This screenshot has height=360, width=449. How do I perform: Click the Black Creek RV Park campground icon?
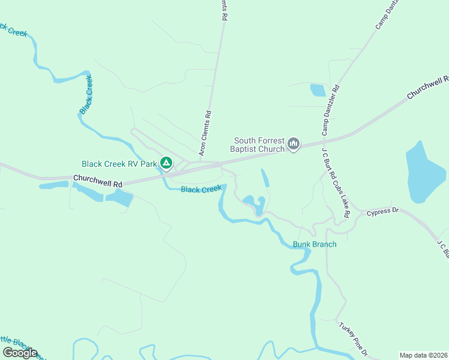coord(166,163)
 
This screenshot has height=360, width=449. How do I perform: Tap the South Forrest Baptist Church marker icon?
coord(294,143)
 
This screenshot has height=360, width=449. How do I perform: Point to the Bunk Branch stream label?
coord(315,244)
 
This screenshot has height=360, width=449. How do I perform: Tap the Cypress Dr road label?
coord(383,211)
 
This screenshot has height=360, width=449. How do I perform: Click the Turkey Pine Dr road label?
coord(353,340)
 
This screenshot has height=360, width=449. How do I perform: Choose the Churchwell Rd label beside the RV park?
coord(98,179)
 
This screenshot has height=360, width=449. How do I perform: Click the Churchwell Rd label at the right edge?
coord(428,88)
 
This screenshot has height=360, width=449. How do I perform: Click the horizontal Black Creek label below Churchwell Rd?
coord(202,190)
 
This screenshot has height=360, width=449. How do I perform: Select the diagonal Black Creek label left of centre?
coord(86,95)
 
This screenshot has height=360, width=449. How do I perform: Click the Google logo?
coord(20,353)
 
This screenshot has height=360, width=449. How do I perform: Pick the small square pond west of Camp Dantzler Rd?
coord(318,91)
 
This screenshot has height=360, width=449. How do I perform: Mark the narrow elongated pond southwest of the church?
coord(265,178)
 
